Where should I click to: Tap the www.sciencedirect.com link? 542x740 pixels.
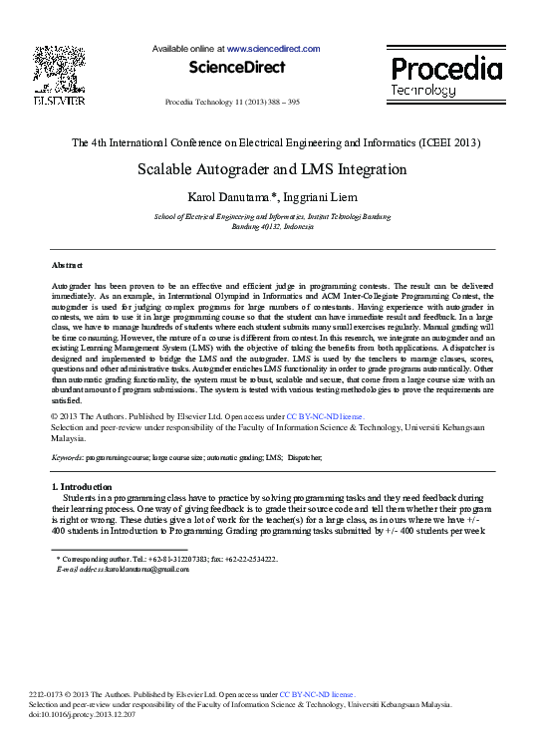pyautogui.click(x=273, y=49)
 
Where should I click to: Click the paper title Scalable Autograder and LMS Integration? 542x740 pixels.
pyautogui.click(x=271, y=169)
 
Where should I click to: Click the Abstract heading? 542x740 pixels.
pyautogui.click(x=68, y=266)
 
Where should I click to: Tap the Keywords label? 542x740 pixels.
pyautogui.click(x=67, y=457)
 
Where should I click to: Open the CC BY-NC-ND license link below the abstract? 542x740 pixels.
pyautogui.click(x=325, y=415)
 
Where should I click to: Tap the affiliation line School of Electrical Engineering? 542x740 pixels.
pyautogui.click(x=271, y=216)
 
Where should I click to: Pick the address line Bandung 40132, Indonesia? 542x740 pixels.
pyautogui.click(x=271, y=227)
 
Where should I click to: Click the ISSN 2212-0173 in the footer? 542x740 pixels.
pyautogui.click(x=40, y=693)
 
